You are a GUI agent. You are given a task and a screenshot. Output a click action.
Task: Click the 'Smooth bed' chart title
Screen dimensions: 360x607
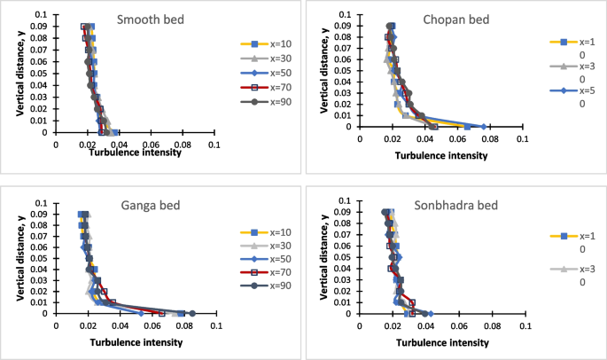[x=149, y=21]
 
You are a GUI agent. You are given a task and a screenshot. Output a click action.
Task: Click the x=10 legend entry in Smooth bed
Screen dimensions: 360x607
[x=266, y=43]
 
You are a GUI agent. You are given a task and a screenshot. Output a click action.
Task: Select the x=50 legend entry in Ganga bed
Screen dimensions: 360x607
[x=266, y=259]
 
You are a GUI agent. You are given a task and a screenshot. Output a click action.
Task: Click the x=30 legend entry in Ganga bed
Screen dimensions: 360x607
[x=266, y=245]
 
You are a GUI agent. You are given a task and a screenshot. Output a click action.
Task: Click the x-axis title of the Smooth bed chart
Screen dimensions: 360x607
[x=136, y=153]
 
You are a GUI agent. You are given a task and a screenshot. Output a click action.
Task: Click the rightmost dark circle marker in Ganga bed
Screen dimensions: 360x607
[x=192, y=313]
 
